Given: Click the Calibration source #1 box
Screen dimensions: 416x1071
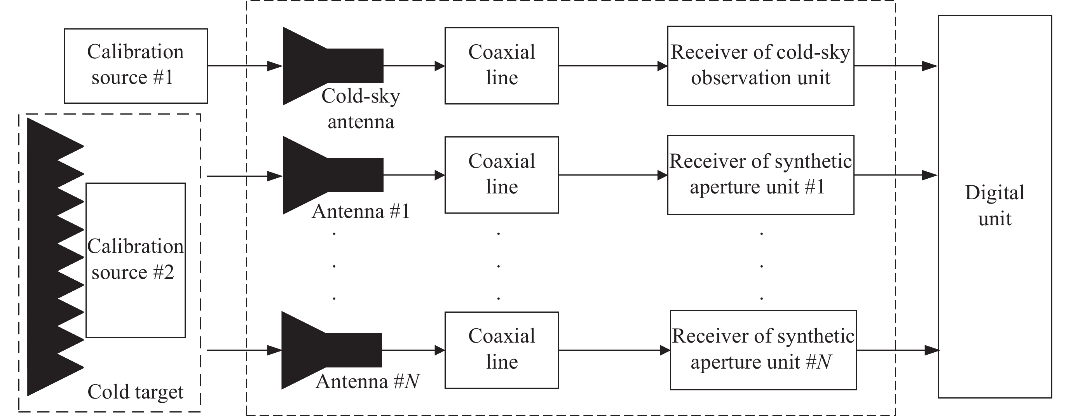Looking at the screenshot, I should pyautogui.click(x=136, y=66).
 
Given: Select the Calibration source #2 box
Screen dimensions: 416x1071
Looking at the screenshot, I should pyautogui.click(x=136, y=260).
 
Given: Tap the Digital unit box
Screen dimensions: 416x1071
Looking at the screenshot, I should pyautogui.click(x=994, y=207).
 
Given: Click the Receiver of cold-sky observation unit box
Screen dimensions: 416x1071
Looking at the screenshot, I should pyautogui.click(x=761, y=66).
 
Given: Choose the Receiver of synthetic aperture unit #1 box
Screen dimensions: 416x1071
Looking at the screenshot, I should pyautogui.click(x=761, y=174).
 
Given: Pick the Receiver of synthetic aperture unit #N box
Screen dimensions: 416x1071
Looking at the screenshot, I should pyautogui.click(x=763, y=350).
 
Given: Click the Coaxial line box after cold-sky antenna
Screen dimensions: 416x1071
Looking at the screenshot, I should pyautogui.click(x=501, y=66).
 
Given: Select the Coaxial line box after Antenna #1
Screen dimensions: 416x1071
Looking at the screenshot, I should pyautogui.click(x=501, y=174).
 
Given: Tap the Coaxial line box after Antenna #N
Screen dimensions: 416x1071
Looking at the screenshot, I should pyautogui.click(x=501, y=350).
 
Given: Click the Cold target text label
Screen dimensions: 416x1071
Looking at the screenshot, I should pyautogui.click(x=136, y=392).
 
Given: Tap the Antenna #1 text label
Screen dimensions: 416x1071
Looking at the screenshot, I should pyautogui.click(x=361, y=212).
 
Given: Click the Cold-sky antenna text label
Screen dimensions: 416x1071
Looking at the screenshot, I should pyautogui.click(x=361, y=109).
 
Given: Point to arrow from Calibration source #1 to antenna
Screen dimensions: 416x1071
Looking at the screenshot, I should pyautogui.click(x=244, y=66).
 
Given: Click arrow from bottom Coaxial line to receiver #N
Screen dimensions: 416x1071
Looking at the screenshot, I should pyautogui.click(x=614, y=350).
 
